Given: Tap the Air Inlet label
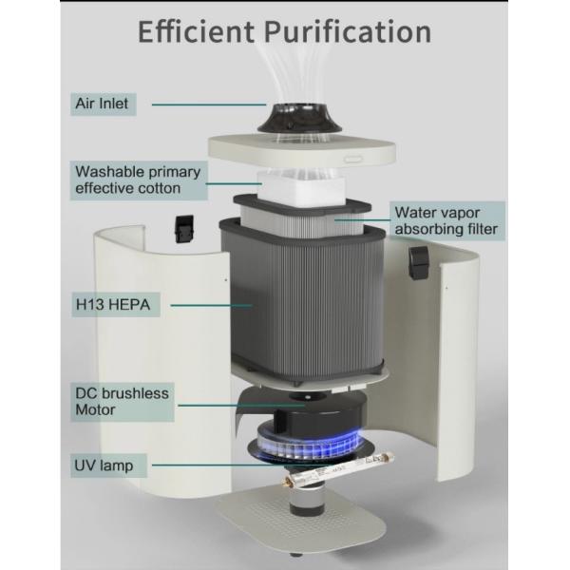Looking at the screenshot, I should [x=104, y=103].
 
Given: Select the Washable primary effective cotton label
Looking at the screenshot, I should [x=138, y=180].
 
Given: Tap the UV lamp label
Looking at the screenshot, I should [x=105, y=465].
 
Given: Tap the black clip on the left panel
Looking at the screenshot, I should [x=181, y=227].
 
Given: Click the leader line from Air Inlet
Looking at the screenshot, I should [x=208, y=103].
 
